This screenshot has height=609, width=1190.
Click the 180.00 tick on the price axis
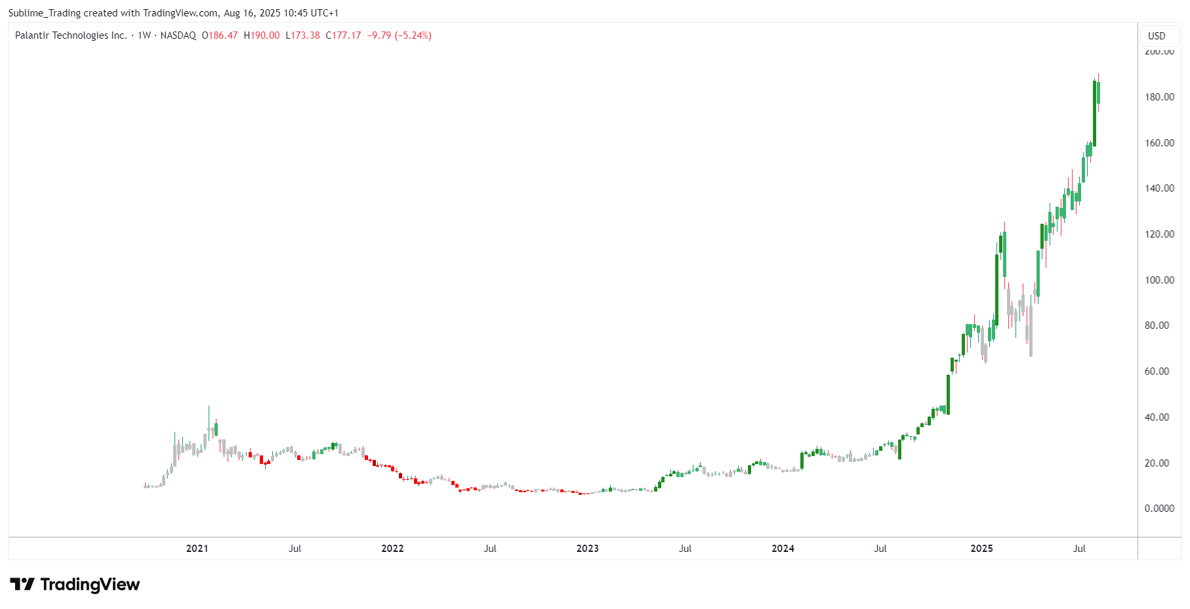click(1159, 97)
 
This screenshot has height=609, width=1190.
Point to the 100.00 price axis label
click(1159, 280)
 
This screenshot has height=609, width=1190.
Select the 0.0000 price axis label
click(1159, 509)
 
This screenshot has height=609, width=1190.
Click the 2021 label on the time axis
click(197, 549)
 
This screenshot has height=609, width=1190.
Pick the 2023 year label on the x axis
click(587, 549)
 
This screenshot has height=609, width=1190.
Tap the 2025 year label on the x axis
click(981, 549)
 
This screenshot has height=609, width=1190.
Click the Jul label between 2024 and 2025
click(880, 549)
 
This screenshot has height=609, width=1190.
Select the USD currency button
click(1157, 36)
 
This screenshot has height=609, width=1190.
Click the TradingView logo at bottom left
click(75, 584)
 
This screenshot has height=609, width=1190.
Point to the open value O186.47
click(220, 35)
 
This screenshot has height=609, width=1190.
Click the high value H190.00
click(262, 35)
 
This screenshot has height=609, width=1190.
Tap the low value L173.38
click(302, 35)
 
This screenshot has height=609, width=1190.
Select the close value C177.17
click(344, 35)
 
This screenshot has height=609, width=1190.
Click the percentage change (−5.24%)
click(413, 35)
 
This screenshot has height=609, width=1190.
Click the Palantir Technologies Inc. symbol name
click(71, 35)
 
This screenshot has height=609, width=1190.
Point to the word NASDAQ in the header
click(178, 35)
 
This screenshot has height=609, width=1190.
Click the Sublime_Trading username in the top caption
click(45, 13)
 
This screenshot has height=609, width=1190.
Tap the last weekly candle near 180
click(1098, 93)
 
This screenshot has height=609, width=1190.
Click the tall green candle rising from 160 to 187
click(1094, 113)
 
